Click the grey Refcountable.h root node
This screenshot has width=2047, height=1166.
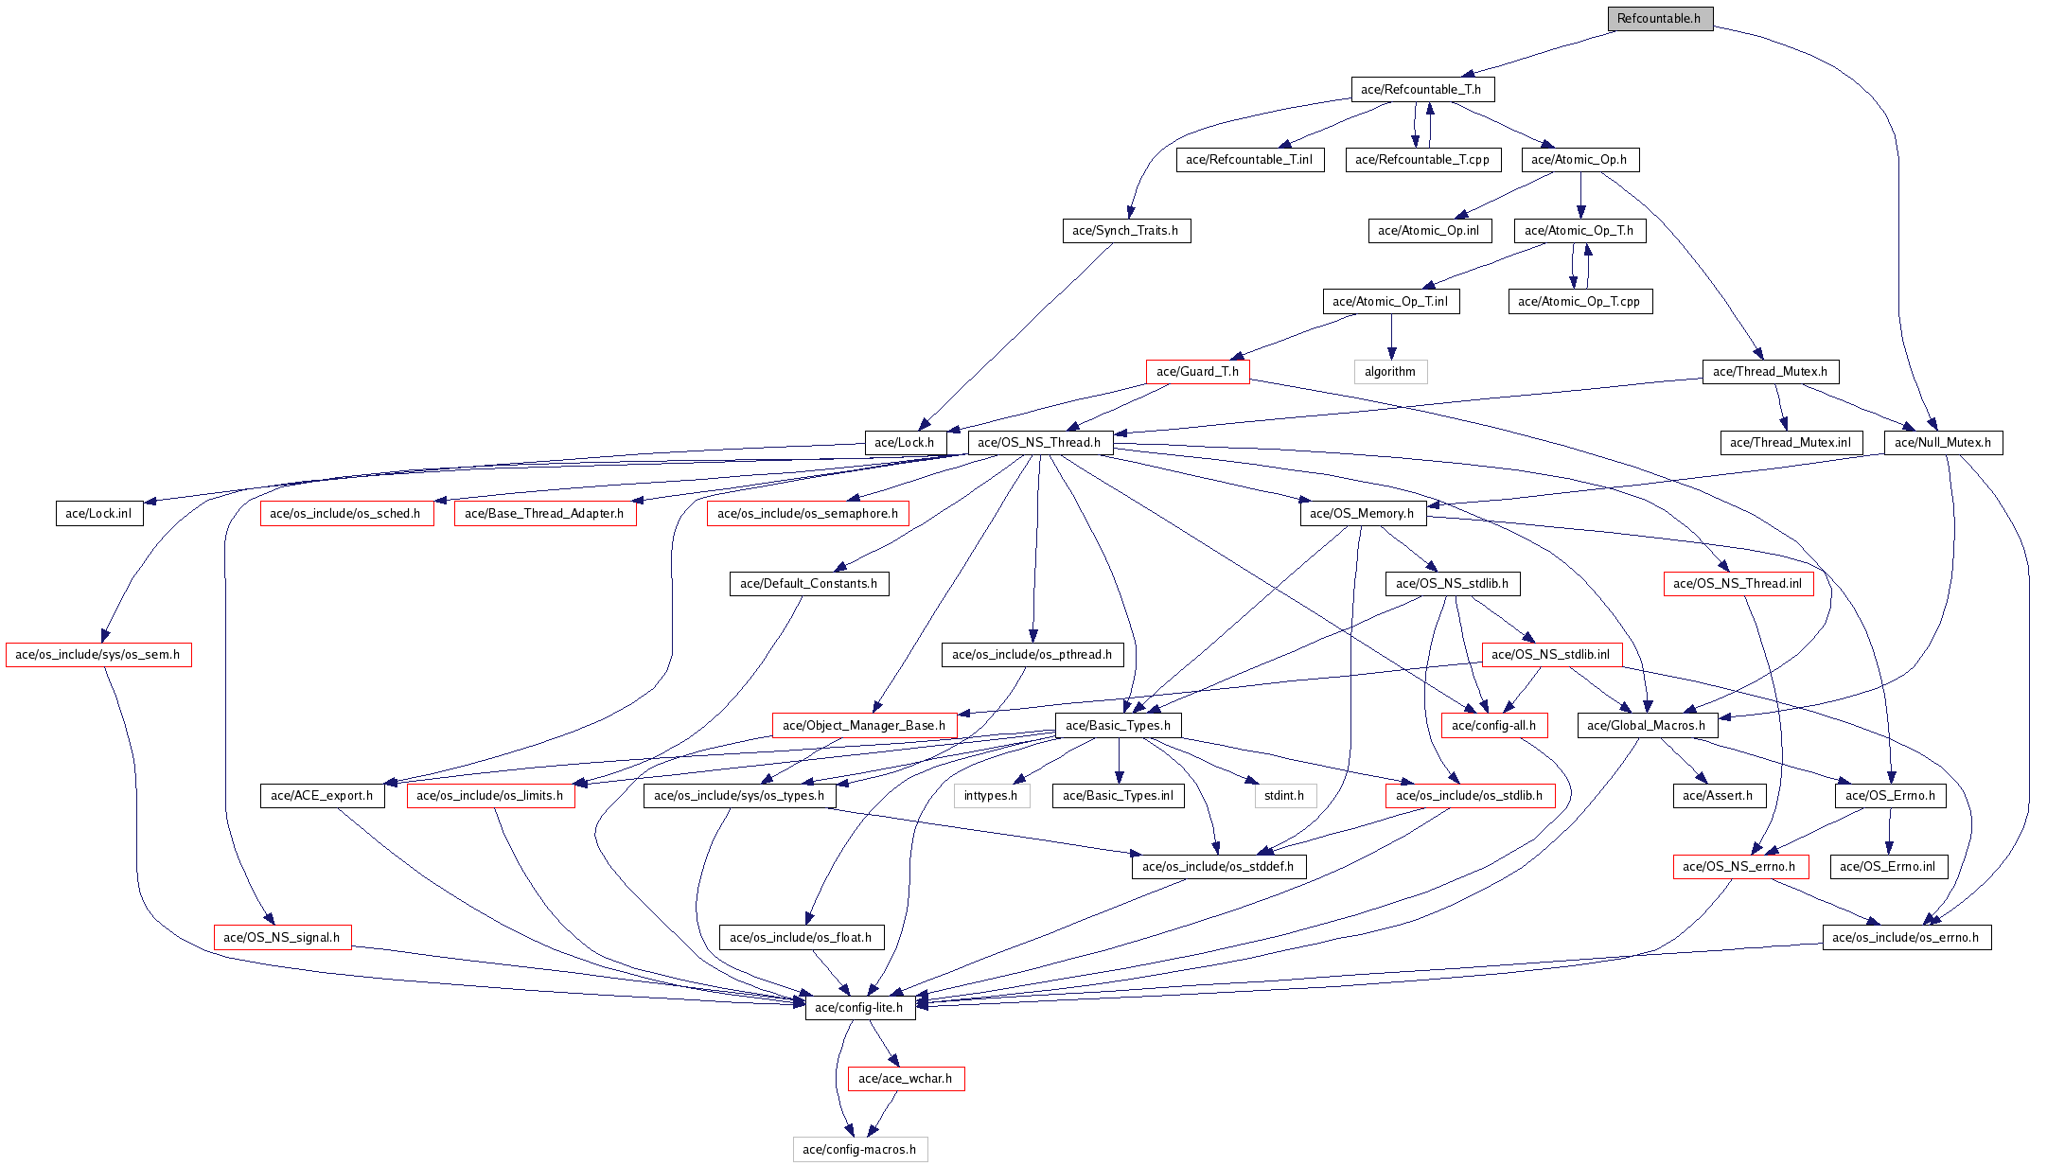point(1659,19)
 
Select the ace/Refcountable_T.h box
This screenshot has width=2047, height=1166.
point(1421,89)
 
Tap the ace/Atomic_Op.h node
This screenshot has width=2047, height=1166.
point(1579,160)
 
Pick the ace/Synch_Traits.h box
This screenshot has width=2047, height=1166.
point(1125,231)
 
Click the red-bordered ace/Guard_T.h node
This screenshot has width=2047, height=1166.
point(1197,372)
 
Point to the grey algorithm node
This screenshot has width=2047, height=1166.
point(1390,372)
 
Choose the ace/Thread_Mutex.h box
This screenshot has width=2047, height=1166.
point(1770,372)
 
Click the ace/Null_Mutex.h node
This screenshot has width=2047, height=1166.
point(1943,443)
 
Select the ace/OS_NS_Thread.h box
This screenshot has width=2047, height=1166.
point(1039,443)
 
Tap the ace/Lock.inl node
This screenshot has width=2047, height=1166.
point(98,514)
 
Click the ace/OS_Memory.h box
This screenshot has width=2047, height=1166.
point(1362,514)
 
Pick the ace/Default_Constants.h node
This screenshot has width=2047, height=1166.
point(808,584)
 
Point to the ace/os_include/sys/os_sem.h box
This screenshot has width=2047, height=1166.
point(98,655)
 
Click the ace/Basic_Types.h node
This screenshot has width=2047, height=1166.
point(1118,726)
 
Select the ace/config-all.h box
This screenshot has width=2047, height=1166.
point(1493,726)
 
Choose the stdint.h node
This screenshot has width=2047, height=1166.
point(1284,796)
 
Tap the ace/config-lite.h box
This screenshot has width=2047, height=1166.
point(859,1008)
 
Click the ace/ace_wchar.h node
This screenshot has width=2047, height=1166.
point(906,1079)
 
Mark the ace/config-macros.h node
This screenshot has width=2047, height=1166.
point(859,1150)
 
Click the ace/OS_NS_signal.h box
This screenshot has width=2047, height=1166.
point(282,938)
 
